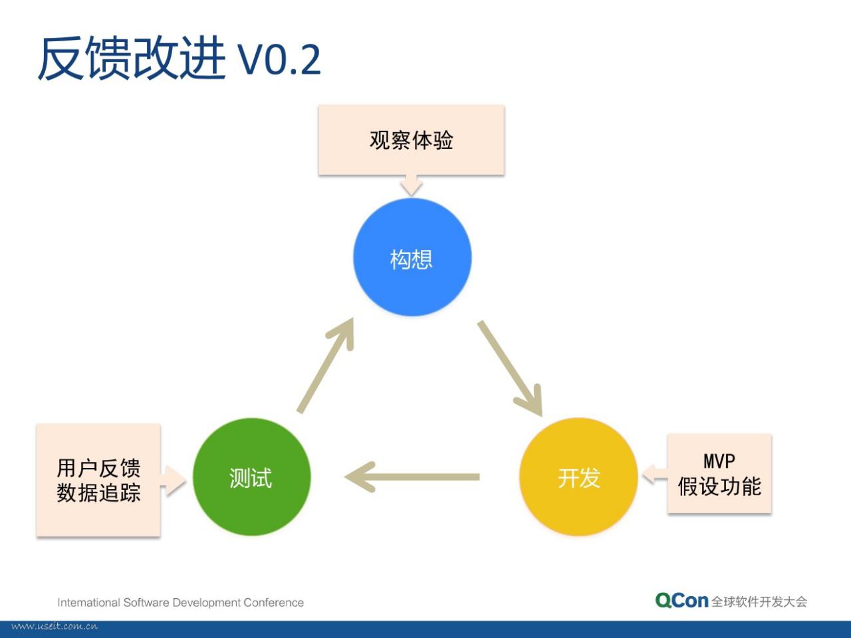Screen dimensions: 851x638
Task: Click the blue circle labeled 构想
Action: click(412, 257)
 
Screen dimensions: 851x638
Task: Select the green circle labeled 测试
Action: click(251, 477)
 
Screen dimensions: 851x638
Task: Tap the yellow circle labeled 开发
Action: click(578, 477)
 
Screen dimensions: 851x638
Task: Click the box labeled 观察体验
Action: click(412, 140)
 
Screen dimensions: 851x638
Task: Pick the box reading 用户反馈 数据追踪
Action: click(98, 480)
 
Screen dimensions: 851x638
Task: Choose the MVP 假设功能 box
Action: click(719, 473)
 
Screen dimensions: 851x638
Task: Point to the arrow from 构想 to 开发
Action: click(510, 368)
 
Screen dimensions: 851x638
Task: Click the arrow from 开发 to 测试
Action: click(412, 477)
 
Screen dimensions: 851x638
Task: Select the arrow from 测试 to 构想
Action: click(325, 366)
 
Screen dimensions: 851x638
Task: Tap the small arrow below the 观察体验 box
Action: click(412, 185)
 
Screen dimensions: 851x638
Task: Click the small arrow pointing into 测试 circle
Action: click(174, 480)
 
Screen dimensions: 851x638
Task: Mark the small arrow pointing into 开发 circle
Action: click(654, 474)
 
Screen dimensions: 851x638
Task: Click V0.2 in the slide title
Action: click(279, 60)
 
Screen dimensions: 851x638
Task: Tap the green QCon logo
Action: click(681, 601)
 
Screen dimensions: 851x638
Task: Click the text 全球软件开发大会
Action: click(759, 601)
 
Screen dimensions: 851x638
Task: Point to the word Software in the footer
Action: click(146, 602)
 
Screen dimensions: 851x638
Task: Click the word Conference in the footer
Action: click(274, 602)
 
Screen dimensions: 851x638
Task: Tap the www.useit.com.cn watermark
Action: click(55, 627)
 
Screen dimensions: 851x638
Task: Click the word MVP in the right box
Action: click(719, 461)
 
